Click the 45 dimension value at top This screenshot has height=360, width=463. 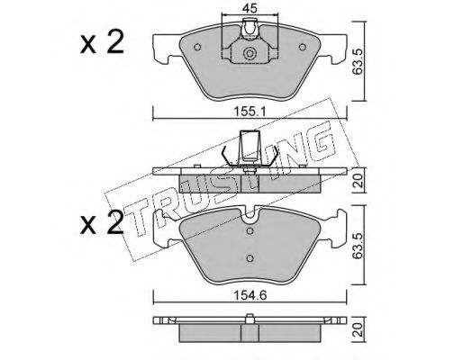coord(250,9)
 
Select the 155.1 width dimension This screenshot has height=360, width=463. coord(250,112)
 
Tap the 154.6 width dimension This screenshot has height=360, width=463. coord(250,295)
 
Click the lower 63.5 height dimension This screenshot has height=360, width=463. coord(359,246)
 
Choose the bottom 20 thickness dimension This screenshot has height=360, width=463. coord(359,329)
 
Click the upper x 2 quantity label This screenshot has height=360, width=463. coord(102,43)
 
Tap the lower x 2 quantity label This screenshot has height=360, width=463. coord(102,222)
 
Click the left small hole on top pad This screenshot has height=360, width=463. coord(197,47)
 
